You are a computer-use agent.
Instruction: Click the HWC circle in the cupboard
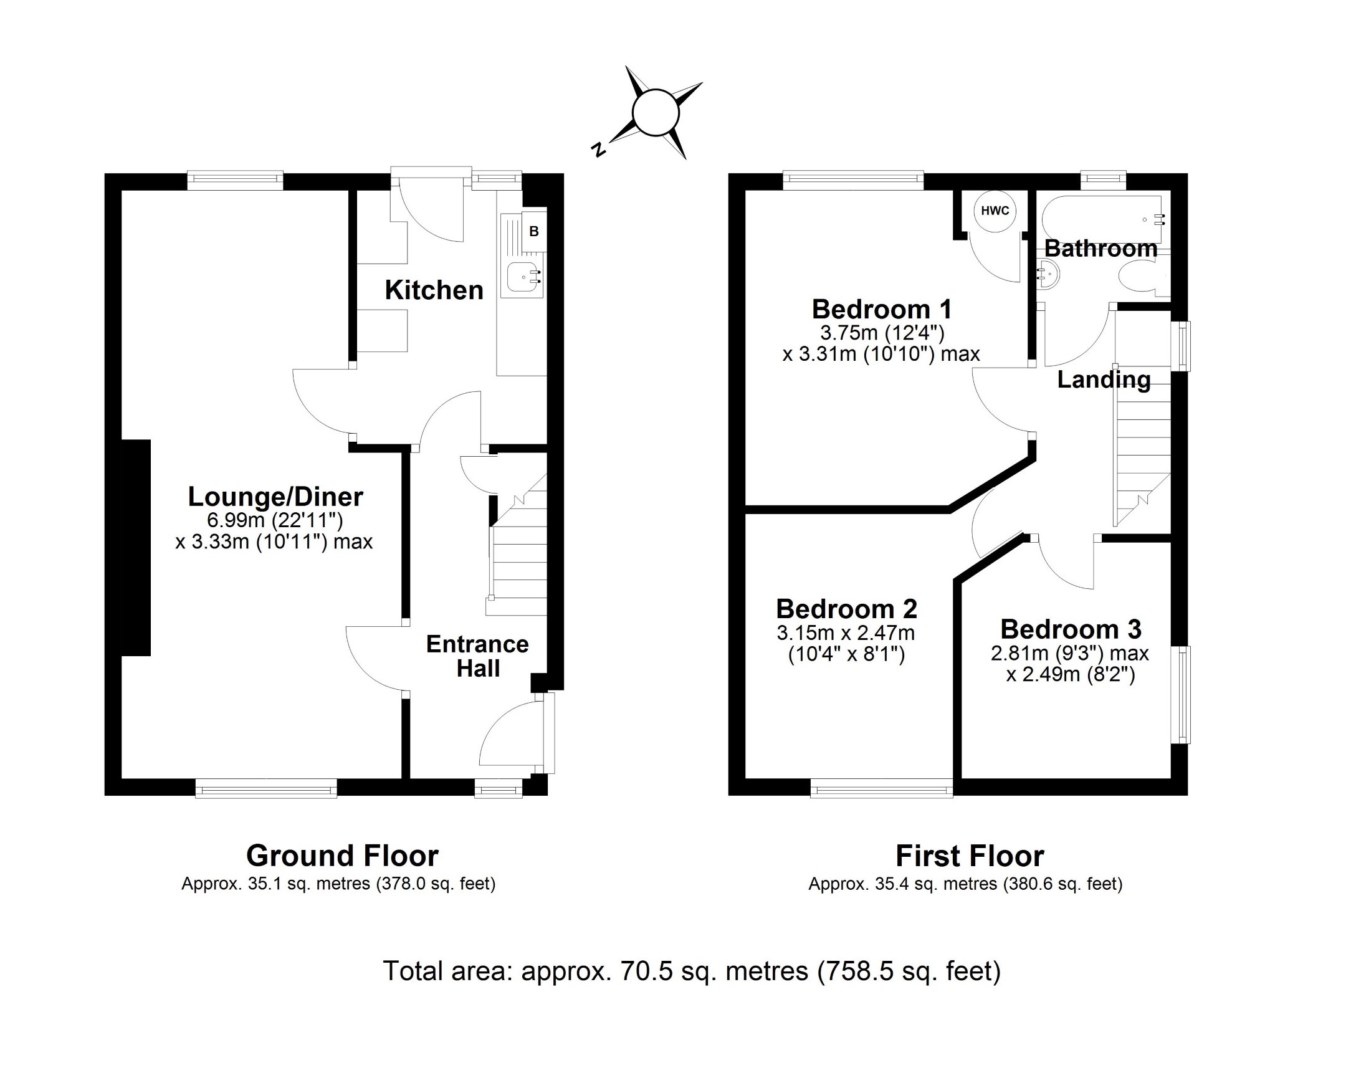tap(995, 211)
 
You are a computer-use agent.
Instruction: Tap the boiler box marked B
tap(533, 231)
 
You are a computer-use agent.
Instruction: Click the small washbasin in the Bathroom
tap(1049, 275)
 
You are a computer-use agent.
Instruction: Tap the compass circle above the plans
tap(656, 113)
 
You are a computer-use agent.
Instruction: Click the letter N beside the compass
tap(598, 150)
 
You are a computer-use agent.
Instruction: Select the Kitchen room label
tap(434, 290)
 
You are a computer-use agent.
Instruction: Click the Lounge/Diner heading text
tap(275, 497)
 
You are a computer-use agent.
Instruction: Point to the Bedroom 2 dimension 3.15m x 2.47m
tap(846, 633)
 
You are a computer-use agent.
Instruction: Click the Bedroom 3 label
tap(1071, 629)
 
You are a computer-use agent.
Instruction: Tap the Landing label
tap(1104, 379)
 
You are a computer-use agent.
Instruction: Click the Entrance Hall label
tap(477, 656)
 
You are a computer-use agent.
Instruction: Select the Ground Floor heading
tap(342, 856)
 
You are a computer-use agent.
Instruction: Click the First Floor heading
tap(970, 856)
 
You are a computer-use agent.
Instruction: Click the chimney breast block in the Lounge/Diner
tap(135, 547)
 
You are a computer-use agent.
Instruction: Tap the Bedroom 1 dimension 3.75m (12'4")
tap(882, 333)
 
